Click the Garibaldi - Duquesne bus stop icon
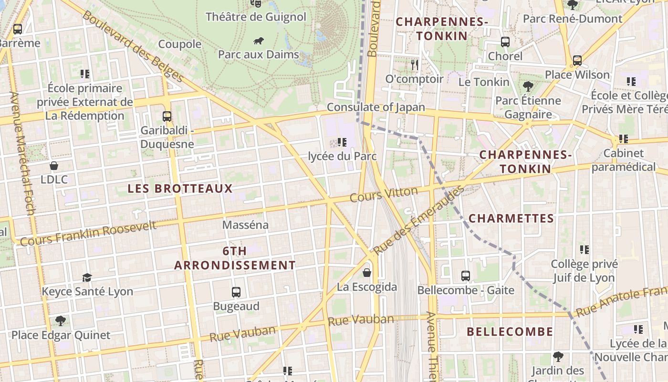tap(167, 116)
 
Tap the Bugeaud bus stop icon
tap(236, 292)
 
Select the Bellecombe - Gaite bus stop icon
tap(466, 276)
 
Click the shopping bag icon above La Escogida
tap(367, 273)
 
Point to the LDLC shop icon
tap(54, 166)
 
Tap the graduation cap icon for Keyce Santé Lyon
tap(87, 277)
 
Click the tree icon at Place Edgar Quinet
tap(60, 320)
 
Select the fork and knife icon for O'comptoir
tap(414, 64)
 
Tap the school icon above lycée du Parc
tap(342, 142)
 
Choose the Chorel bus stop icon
tap(505, 42)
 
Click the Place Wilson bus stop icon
tap(577, 61)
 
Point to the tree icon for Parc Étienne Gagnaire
tap(528, 86)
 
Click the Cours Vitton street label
tap(384, 194)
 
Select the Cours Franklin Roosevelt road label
tap(88, 233)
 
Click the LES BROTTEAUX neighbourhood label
tap(180, 189)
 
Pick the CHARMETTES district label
tap(511, 219)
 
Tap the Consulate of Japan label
tap(376, 107)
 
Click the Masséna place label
tap(246, 224)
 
